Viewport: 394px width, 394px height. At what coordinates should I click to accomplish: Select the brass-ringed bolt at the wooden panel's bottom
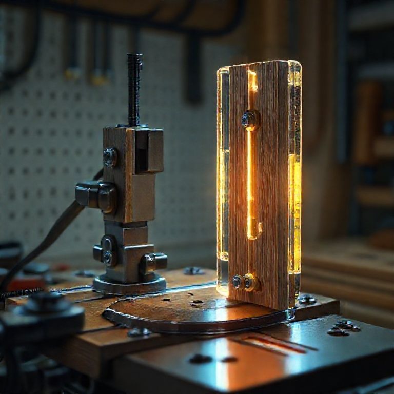tap(250, 282)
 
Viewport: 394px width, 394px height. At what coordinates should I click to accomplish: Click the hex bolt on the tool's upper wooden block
tap(110, 156)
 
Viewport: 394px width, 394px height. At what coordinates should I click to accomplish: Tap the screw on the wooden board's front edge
tap(139, 332)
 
